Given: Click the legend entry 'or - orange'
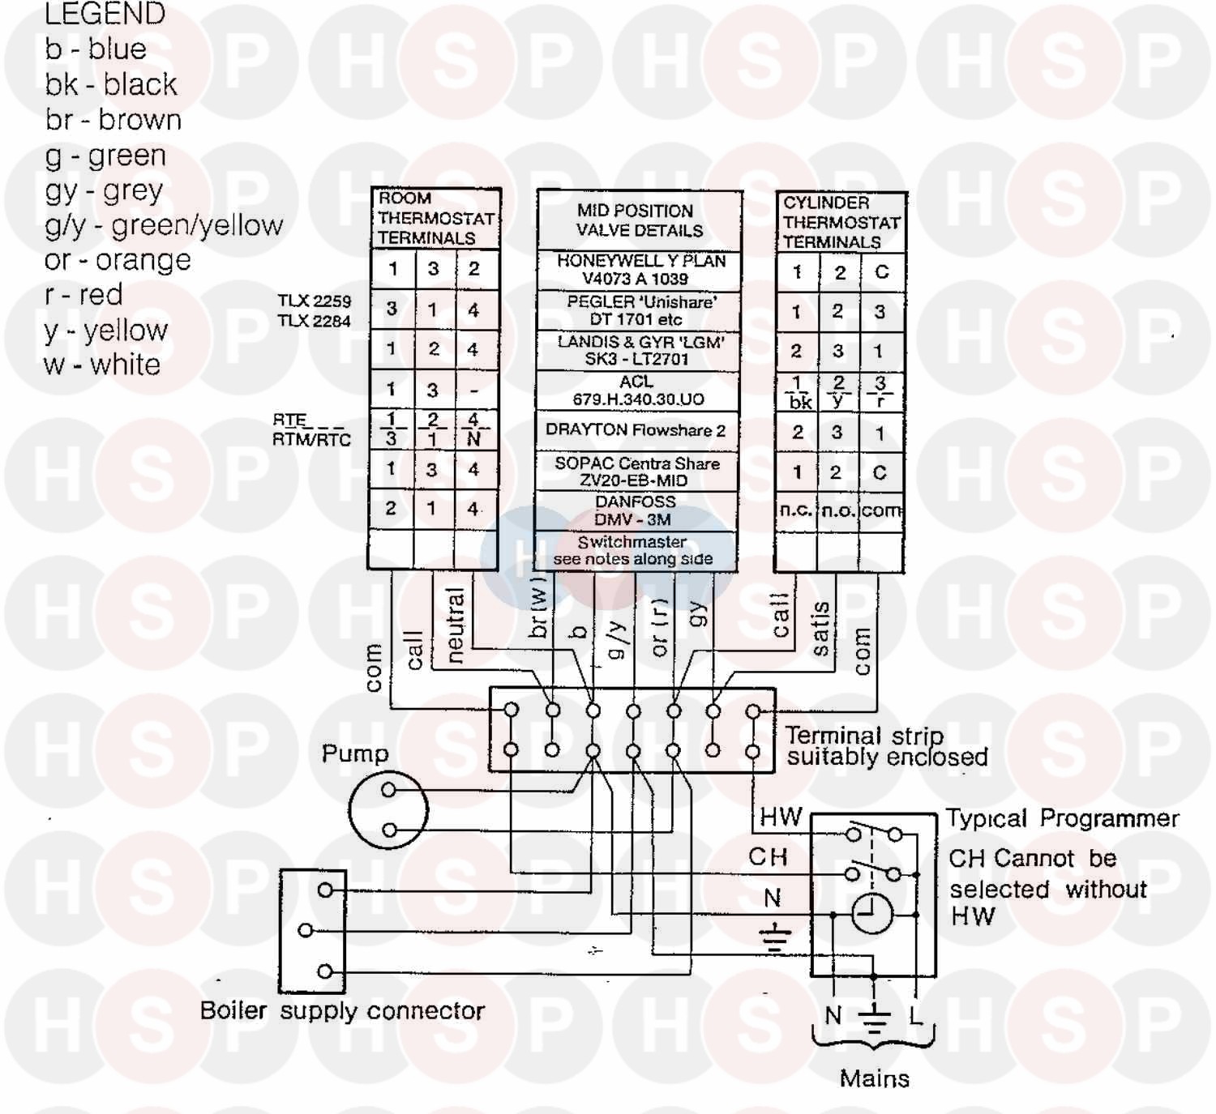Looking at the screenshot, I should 118,260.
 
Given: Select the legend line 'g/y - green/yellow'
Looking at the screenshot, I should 164,225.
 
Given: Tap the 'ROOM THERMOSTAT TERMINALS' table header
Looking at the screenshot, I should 435,218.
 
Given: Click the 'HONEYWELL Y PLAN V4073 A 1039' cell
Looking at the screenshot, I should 640,270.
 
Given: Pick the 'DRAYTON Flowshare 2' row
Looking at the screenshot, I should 636,430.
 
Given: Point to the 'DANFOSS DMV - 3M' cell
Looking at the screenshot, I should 635,510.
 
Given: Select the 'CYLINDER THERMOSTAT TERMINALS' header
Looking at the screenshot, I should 841,222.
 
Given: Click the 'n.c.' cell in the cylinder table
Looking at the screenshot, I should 795,510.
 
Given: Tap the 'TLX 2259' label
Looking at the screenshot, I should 315,301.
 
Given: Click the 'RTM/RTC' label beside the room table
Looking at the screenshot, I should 312,440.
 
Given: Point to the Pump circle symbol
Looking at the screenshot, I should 388,809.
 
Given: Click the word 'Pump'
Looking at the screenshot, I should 355,753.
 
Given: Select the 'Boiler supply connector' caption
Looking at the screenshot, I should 342,1011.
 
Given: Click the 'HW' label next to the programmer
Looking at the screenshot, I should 781,817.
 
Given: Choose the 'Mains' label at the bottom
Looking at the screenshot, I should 874,1078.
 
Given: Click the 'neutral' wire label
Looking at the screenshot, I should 456,624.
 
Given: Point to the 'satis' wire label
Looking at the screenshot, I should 820,629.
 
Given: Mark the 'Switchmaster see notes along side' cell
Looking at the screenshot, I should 633,551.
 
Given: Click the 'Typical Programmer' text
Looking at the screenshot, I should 1063,818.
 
